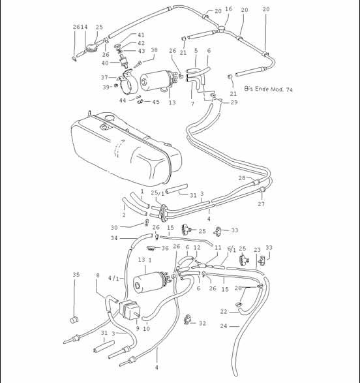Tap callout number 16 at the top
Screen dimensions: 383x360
[x=228, y=9]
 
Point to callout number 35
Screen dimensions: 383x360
[x=76, y=275]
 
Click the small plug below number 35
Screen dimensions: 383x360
[x=74, y=320]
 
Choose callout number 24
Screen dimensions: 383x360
[x=224, y=326]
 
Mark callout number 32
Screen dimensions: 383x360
[x=202, y=323]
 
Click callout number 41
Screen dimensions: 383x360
[x=141, y=35]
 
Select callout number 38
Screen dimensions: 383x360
[x=154, y=50]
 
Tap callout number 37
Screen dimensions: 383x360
[x=104, y=76]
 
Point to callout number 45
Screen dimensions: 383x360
[x=156, y=102]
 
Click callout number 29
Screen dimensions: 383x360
[x=234, y=102]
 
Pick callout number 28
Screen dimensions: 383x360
[x=241, y=177]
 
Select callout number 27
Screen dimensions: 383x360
[x=261, y=204]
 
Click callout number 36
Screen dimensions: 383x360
[x=165, y=249]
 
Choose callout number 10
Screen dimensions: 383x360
[x=147, y=328]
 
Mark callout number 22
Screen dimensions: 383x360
[x=224, y=311]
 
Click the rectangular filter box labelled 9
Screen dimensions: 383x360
[x=131, y=310]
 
